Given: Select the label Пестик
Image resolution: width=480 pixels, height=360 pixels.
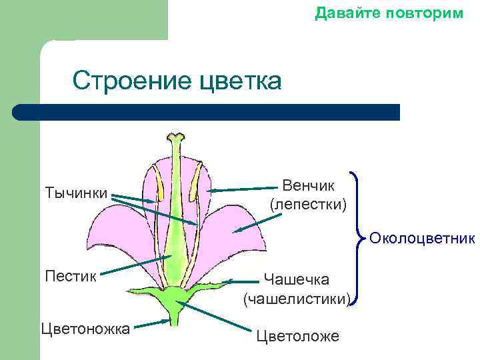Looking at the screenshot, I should pos(70,275).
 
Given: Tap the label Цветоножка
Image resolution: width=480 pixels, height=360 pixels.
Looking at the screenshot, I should pos(85,328).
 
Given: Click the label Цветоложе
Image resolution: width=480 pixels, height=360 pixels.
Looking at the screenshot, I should pos(297,336).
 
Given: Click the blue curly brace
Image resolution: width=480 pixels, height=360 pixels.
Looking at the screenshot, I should pos(361,238).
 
